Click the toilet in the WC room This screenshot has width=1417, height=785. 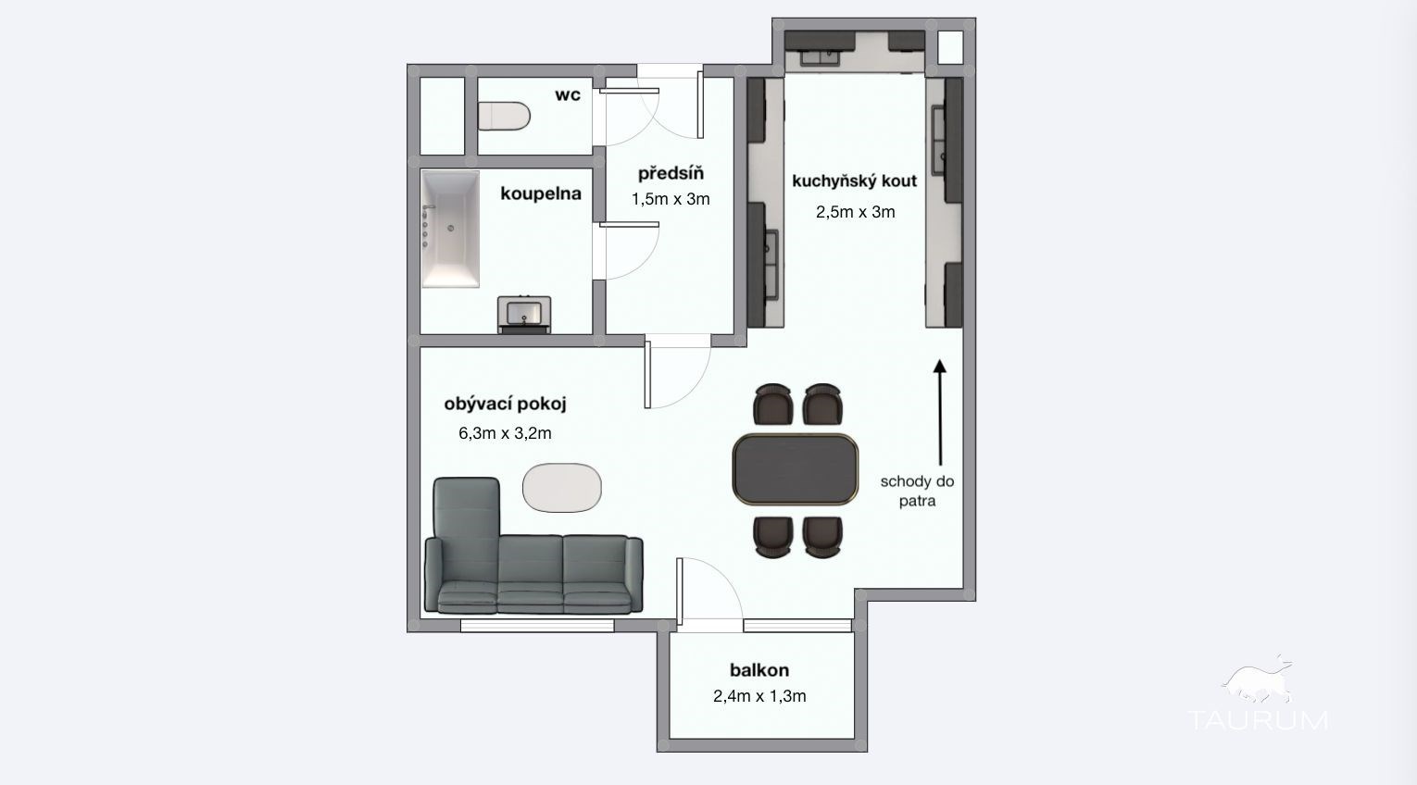coord(504,117)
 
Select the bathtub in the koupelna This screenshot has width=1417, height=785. coord(450,229)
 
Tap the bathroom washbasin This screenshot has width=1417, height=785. coord(524,314)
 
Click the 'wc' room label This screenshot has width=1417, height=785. coord(568,95)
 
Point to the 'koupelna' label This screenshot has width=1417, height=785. coord(540,193)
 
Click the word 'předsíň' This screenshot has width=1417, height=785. coord(671,172)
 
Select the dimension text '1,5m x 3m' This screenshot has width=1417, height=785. coord(671,199)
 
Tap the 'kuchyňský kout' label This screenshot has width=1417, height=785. coord(854,181)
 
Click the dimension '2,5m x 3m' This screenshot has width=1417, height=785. coord(855,212)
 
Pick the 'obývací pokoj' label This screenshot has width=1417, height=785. coord(505,404)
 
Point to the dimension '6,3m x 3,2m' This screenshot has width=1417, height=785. coord(505,433)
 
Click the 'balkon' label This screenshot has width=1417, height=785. coord(759,670)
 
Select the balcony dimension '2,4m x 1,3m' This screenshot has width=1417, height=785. coord(759,696)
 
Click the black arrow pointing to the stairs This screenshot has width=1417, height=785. coord(940,412)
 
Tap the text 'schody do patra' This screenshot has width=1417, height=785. coord(917,492)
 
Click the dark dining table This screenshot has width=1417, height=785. coord(796,469)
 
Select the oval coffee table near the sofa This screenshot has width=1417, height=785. coord(562,487)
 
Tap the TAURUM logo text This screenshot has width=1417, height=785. coord(1258,720)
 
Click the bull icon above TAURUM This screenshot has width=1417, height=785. coord(1258,680)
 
